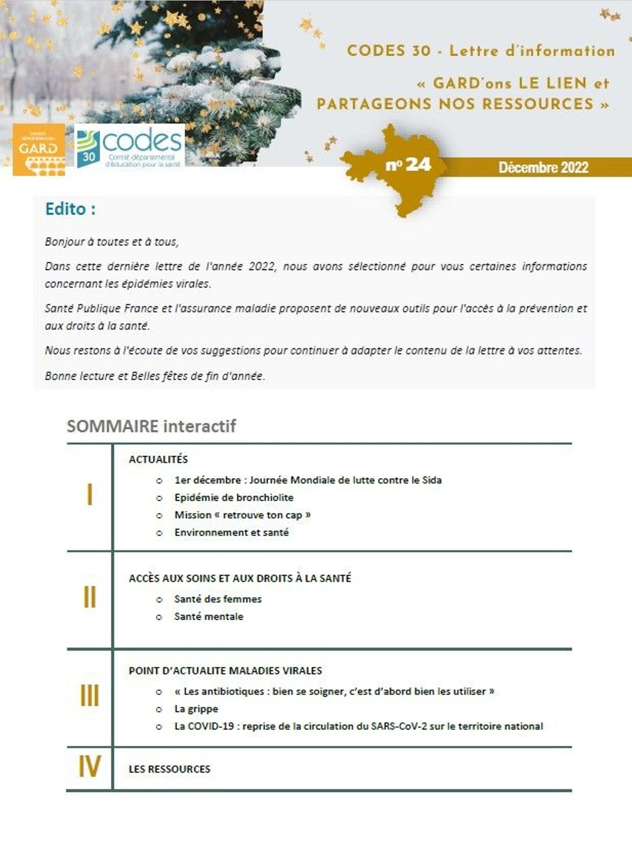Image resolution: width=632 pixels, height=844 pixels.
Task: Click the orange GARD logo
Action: (39, 150)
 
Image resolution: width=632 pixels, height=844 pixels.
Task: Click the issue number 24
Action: (408, 164)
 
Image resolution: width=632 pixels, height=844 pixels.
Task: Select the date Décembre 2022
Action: (543, 168)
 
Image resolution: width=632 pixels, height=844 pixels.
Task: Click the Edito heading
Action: (70, 209)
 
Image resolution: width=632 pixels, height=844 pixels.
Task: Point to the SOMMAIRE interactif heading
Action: (151, 426)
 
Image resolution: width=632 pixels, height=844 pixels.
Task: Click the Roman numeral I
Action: (89, 495)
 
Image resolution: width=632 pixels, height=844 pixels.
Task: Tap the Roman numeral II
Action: (89, 597)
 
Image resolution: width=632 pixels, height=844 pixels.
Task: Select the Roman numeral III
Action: (89, 696)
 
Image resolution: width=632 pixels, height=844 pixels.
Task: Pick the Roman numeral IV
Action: (89, 767)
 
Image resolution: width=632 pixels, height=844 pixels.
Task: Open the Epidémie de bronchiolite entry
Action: (234, 498)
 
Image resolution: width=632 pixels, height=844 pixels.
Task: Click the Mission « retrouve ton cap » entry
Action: (242, 515)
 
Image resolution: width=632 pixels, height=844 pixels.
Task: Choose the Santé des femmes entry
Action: (218, 599)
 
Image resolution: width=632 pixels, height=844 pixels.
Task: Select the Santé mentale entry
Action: (209, 617)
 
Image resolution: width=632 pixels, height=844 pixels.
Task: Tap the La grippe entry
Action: (196, 709)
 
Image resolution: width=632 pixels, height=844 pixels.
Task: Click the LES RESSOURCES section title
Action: (169, 769)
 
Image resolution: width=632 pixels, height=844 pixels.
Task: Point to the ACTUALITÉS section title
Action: (158, 460)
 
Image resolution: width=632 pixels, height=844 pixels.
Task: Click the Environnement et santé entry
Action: (231, 533)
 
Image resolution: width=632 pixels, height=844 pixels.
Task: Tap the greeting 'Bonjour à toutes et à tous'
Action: (112, 242)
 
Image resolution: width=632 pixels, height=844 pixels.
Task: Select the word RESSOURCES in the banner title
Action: (538, 104)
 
